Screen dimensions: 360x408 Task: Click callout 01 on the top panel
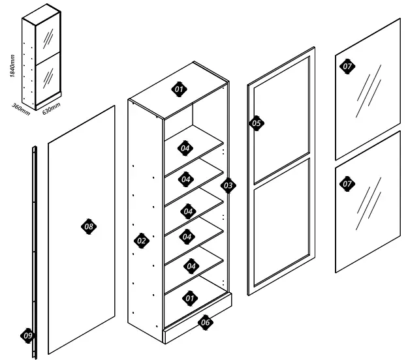(178, 88)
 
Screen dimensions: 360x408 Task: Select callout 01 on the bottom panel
(190, 298)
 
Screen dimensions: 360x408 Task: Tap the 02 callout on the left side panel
(141, 241)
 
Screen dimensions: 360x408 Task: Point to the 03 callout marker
(228, 186)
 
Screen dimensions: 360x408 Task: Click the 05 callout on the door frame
(257, 123)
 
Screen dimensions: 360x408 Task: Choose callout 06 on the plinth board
(205, 322)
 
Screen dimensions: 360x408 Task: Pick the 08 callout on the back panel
(89, 226)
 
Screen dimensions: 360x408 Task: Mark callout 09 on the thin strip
(27, 335)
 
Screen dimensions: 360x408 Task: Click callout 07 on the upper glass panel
(347, 66)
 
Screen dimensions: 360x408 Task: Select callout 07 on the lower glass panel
(347, 184)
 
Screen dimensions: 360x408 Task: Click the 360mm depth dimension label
(21, 108)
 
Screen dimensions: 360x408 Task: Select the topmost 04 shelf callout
(185, 147)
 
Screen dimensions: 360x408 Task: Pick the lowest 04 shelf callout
(191, 265)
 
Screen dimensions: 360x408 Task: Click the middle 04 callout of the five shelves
(188, 211)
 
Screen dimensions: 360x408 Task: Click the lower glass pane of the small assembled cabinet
(48, 78)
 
